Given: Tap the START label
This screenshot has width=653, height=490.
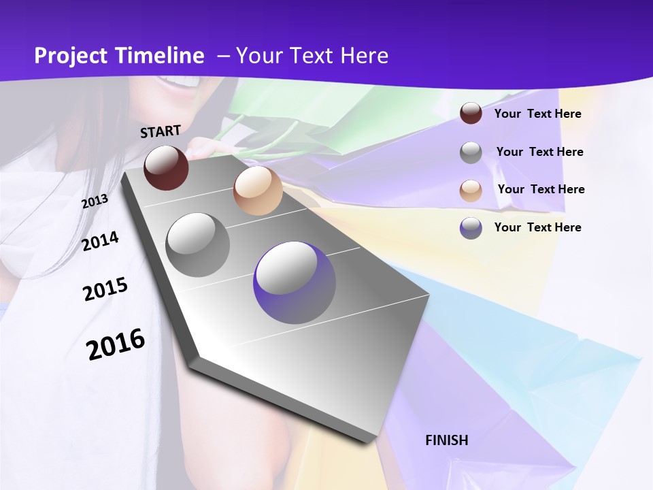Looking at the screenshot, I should point(161,131).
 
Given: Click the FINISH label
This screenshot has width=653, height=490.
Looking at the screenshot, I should point(447,440).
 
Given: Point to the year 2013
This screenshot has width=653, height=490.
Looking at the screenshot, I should point(95,201).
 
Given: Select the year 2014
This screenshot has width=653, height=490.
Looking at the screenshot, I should point(101,241).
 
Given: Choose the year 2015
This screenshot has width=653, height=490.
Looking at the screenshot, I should point(105,289).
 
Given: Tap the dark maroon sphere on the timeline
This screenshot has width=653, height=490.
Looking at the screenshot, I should point(166,167).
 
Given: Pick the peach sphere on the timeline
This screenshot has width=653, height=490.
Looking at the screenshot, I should point(258,191).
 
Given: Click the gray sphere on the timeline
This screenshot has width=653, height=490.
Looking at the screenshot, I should point(198,245).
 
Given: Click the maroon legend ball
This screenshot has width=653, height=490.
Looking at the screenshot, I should point(471,113).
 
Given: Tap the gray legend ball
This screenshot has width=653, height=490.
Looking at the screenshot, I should point(471,152).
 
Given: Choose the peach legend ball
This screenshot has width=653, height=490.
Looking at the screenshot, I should point(471,190).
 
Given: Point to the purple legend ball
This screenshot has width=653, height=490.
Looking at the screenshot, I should point(471,228).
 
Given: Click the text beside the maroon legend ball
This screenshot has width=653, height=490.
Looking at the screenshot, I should point(537,114).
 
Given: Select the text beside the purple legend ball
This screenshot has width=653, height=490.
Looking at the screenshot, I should point(537,227).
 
